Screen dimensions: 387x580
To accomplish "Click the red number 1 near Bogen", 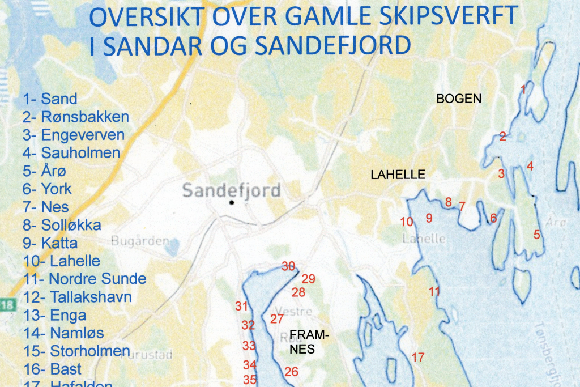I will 524,89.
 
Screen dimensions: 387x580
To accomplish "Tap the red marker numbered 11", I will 434,292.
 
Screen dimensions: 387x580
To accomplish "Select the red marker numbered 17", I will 418,358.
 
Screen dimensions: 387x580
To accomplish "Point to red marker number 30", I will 288,266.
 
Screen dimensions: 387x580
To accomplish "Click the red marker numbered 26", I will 291,372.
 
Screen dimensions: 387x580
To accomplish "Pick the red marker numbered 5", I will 537,234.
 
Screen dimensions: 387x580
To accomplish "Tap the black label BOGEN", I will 458,99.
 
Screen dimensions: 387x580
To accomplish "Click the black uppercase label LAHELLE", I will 398,175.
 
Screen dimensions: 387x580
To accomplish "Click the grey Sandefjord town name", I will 231,190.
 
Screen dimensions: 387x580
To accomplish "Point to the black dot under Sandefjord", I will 232,202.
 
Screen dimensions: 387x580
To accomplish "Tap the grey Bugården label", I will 140,241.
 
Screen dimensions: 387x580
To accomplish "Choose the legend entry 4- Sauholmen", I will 71,152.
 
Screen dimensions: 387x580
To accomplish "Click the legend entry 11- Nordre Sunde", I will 84,279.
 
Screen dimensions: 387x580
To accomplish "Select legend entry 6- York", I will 48,189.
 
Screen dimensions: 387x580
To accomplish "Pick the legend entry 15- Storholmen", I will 76,351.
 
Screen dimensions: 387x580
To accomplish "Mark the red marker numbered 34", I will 250,364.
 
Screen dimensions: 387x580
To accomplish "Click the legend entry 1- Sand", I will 50,99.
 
